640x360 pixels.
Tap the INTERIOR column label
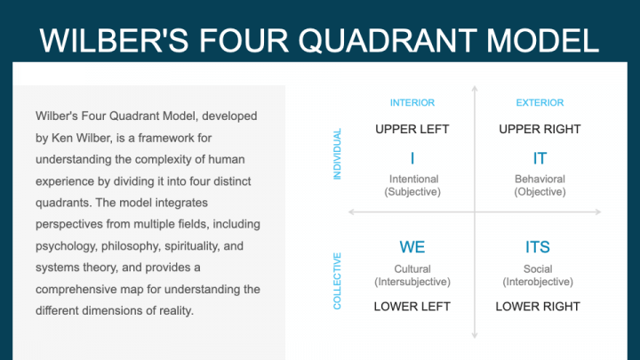click(412, 103)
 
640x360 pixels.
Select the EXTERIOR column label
click(540, 103)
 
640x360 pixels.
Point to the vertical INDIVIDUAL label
click(337, 154)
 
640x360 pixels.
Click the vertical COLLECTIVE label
click(337, 281)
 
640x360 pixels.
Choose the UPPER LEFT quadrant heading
click(412, 129)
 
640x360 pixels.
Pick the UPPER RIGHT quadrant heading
click(540, 129)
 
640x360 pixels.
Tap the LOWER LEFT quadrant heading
click(412, 307)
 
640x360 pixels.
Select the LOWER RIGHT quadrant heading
click(538, 307)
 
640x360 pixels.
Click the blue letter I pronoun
click(412, 158)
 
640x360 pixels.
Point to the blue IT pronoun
click(540, 158)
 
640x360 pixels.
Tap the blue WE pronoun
click(412, 246)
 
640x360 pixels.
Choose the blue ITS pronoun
click(538, 246)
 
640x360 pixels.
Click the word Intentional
click(412, 179)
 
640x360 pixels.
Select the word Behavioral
click(540, 179)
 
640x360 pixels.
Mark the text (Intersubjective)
click(412, 282)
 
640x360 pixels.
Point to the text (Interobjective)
click(538, 282)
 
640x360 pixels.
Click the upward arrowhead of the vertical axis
click(475, 89)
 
